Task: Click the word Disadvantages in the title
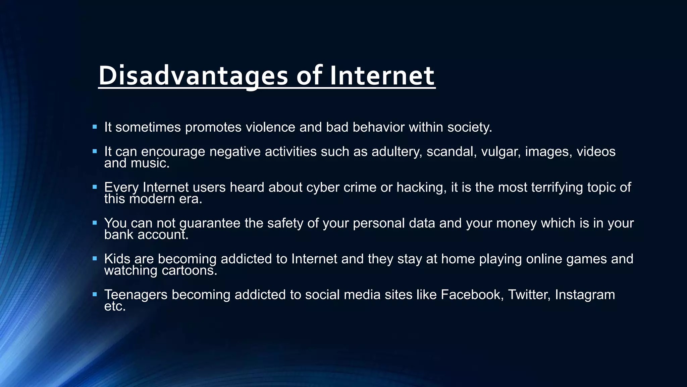click(193, 76)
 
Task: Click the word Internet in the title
click(382, 76)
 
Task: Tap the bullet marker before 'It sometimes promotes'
click(95, 127)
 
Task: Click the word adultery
click(397, 152)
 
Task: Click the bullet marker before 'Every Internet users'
click(95, 187)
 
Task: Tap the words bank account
click(146, 235)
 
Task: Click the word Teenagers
click(136, 295)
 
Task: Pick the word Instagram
click(585, 295)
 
